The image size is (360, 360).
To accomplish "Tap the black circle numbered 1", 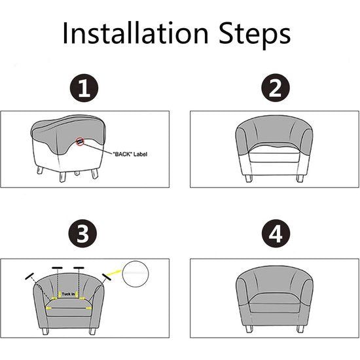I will (x=82, y=89).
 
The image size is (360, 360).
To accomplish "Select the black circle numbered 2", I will (x=271, y=89).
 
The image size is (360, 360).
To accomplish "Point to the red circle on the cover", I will (x=79, y=140).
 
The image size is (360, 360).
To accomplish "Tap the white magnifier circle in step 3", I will (x=136, y=273).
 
